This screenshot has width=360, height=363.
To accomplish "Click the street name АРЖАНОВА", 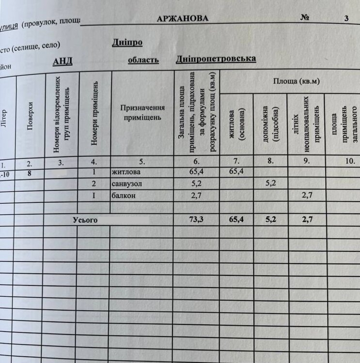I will pyautogui.click(x=183, y=19).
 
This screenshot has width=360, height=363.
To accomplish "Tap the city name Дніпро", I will pyautogui.click(x=127, y=43).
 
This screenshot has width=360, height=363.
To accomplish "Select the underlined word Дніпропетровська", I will pyautogui.click(x=216, y=59).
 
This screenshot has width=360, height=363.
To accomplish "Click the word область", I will pyautogui.click(x=143, y=60).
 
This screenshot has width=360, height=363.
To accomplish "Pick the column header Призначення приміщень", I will pyautogui.click(x=142, y=112).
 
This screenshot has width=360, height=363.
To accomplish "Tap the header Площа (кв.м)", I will pyautogui.click(x=296, y=81).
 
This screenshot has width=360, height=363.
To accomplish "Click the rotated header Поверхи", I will pyautogui.click(x=30, y=116).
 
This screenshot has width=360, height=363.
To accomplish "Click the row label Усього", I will pyautogui.click(x=85, y=220).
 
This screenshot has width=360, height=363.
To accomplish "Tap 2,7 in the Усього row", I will pyautogui.click(x=306, y=220).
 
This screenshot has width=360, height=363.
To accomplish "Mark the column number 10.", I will pyautogui.click(x=350, y=162).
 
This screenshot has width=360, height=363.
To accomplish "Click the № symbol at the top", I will pyautogui.click(x=305, y=18).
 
